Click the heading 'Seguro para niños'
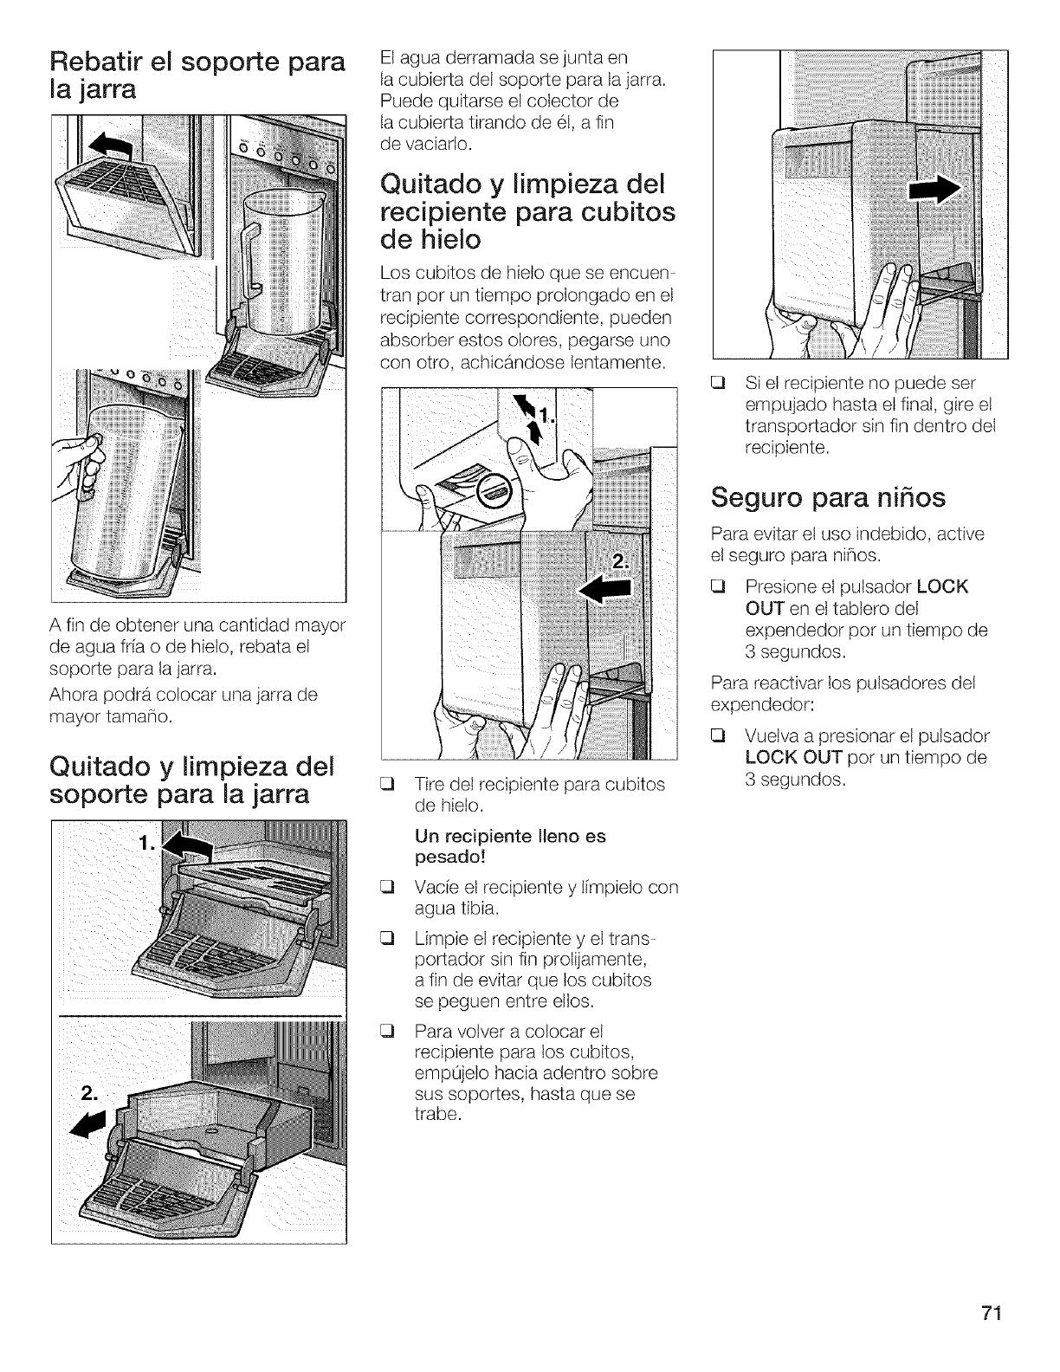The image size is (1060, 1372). point(827,498)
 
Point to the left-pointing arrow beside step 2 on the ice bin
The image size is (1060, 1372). point(606,589)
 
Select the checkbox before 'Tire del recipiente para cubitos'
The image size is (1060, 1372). point(388,784)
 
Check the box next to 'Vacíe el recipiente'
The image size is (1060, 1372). point(388,889)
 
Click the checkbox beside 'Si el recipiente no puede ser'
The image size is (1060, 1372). point(718,384)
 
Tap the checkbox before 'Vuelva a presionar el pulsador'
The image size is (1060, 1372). point(718,737)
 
